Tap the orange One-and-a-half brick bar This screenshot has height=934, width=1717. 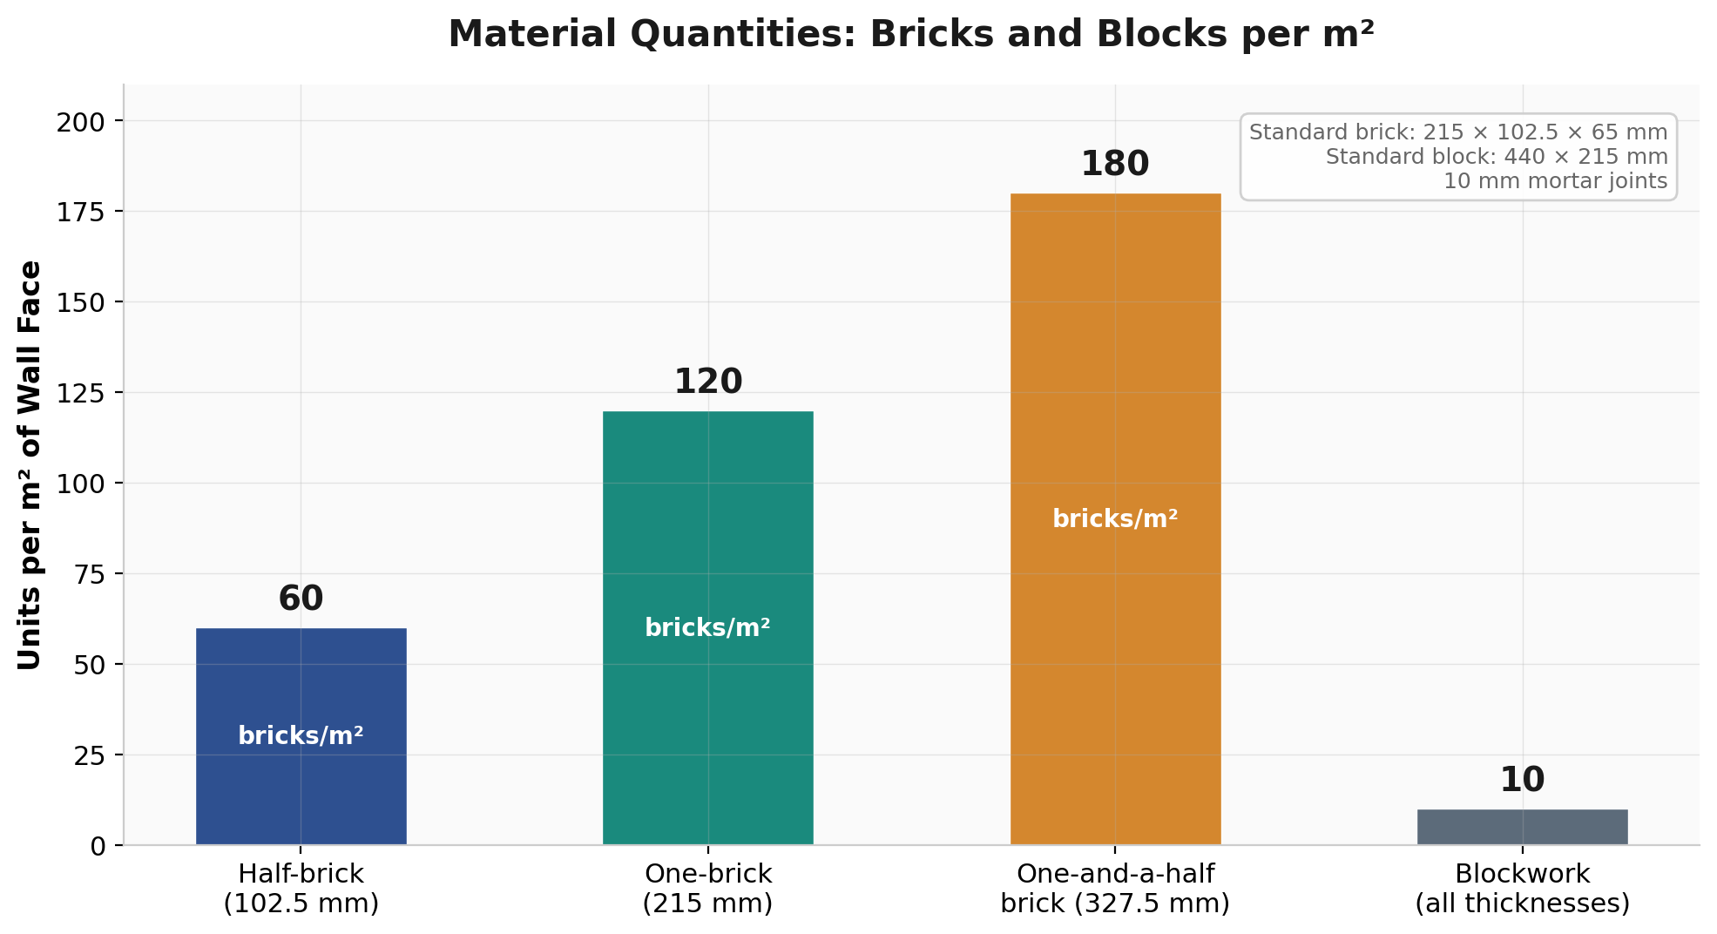coord(1115,392)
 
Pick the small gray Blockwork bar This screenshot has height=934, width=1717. coord(1522,827)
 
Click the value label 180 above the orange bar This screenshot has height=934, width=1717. coord(1115,165)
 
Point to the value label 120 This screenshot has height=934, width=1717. coord(707,382)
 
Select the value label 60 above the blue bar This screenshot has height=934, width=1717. coord(301,599)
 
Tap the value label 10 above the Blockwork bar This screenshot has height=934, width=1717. coord(1522,781)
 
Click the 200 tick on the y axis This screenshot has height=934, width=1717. coord(80,121)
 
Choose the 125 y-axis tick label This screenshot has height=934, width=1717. coord(80,393)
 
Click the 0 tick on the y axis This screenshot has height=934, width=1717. coord(98,846)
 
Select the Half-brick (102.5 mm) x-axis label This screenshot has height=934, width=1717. coord(301,889)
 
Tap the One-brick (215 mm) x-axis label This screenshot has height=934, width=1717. coord(707,889)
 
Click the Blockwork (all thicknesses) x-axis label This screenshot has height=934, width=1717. coord(1522,889)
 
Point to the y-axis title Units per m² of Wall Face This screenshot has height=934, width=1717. coord(30,464)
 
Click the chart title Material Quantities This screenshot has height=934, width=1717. coord(910,35)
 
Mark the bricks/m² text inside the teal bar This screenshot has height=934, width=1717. coord(707,627)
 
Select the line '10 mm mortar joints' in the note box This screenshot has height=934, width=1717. coord(1555,181)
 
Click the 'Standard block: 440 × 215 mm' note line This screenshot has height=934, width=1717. coord(1497,157)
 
